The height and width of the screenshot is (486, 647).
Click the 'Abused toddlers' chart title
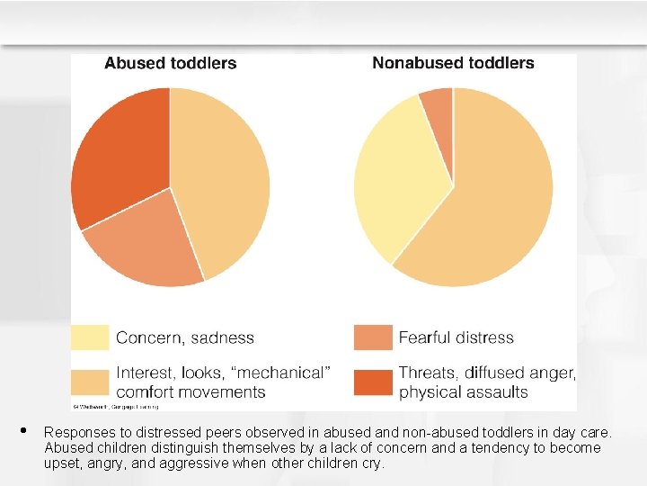[x=171, y=63]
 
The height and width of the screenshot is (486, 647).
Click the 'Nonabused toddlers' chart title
[x=453, y=63]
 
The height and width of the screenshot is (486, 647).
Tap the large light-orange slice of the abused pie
[x=225, y=180]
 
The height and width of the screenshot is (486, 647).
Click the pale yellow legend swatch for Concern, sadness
[x=90, y=337]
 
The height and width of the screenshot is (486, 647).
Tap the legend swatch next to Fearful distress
[x=373, y=337]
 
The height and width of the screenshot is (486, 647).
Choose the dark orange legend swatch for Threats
[x=373, y=382]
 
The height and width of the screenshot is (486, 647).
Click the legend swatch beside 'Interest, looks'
[x=90, y=382]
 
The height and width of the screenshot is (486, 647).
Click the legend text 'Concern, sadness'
[x=185, y=338]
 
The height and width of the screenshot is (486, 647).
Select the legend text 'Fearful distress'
[x=456, y=338]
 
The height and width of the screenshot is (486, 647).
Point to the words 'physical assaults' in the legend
[x=464, y=392]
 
